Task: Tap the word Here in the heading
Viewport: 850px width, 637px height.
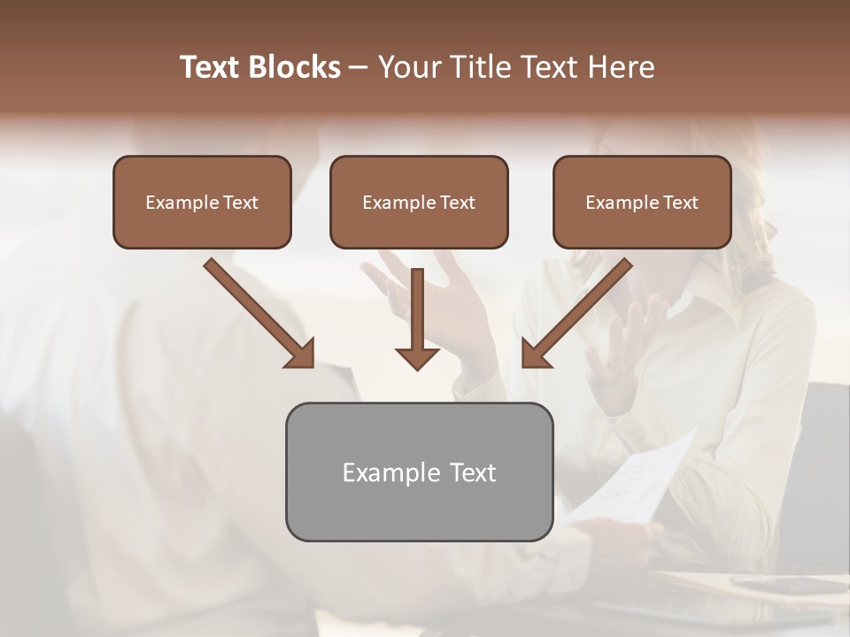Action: pos(621,67)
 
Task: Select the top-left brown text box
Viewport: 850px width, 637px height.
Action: pos(202,202)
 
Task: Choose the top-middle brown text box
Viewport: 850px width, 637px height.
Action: pos(419,202)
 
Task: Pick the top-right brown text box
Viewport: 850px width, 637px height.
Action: pos(642,202)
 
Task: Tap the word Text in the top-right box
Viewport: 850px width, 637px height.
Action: pos(681,203)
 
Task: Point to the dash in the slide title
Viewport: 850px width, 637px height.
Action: pos(359,67)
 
